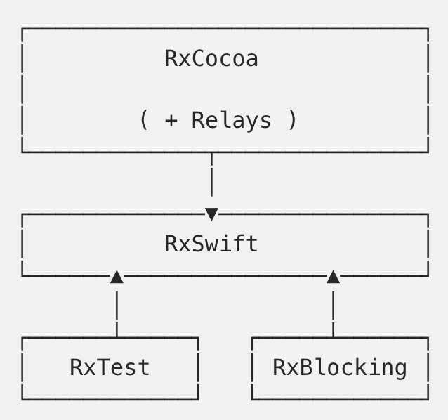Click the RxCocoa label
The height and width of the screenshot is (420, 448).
(x=211, y=59)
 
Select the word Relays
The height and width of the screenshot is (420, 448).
(x=231, y=120)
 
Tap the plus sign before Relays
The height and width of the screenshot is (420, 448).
(x=171, y=121)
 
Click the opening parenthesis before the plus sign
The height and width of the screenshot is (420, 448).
(x=144, y=121)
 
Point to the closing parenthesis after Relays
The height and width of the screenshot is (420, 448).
(x=292, y=121)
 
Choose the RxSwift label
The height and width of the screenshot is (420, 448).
(x=211, y=244)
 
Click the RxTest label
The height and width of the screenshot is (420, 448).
(x=110, y=367)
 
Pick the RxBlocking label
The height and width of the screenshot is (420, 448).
(x=339, y=367)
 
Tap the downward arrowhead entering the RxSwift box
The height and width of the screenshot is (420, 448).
(x=211, y=214)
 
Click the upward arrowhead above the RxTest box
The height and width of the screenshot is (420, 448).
(x=117, y=277)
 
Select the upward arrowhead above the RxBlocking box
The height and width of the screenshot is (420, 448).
(x=333, y=277)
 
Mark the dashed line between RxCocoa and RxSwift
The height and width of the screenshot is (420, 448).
(x=211, y=179)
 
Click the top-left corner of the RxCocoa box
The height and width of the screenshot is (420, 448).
(x=22, y=29)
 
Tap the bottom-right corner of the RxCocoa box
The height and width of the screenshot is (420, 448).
(x=428, y=151)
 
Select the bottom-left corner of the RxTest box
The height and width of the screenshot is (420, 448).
(x=22, y=399)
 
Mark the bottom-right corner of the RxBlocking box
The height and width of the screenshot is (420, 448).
(x=428, y=399)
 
